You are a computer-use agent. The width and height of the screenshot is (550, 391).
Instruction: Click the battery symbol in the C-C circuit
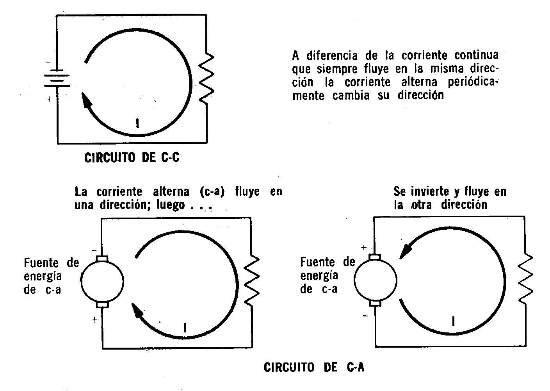[58, 79]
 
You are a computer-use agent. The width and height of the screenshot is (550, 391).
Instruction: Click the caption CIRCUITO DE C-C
[132, 158]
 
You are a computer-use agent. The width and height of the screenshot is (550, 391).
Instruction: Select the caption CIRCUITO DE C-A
[314, 368]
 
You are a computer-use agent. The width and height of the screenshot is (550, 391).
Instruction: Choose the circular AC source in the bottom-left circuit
[102, 281]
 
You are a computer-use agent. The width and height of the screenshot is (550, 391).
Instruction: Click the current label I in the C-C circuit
[137, 123]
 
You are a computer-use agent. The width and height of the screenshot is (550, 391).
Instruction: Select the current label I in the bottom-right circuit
[453, 321]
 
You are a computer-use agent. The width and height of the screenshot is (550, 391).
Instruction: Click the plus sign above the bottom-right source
[363, 247]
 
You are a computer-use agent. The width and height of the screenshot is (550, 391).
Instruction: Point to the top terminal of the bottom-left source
[102, 258]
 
